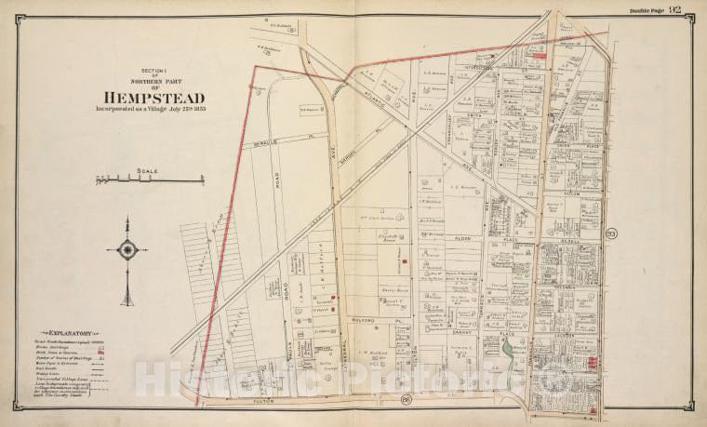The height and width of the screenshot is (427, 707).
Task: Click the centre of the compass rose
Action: point(127,247)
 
